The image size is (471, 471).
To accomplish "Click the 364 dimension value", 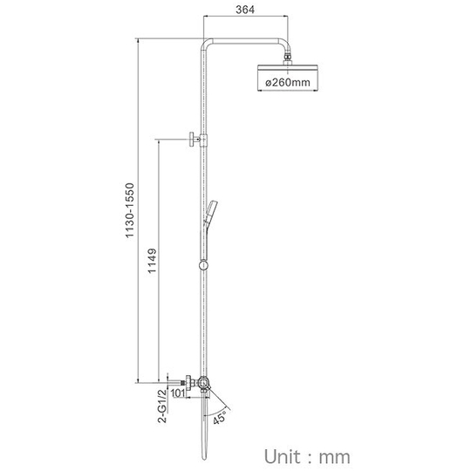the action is click(x=245, y=10).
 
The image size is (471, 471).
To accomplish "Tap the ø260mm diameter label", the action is click(x=288, y=82).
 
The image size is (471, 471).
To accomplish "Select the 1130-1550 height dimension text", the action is click(x=130, y=210).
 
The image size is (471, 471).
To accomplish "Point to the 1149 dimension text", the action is click(x=153, y=261).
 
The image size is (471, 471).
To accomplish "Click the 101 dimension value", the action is click(x=178, y=392).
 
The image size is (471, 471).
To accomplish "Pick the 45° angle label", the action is click(x=220, y=418).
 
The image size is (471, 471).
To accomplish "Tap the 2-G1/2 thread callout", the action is click(x=162, y=406).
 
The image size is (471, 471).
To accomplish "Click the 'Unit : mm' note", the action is click(x=307, y=457).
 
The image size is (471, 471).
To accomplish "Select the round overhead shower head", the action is click(x=288, y=67).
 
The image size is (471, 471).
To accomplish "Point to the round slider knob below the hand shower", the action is click(x=203, y=265).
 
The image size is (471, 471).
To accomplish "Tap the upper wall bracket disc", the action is click(x=191, y=140).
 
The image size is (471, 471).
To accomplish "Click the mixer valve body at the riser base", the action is click(x=203, y=384).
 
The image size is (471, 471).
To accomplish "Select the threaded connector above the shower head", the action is click(x=289, y=57).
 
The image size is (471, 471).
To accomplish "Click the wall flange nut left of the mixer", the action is click(x=188, y=383).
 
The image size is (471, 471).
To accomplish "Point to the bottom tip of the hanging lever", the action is click(x=204, y=460).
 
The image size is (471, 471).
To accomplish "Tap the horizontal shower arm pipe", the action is click(x=246, y=42).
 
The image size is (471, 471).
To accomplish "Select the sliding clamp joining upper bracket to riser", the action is click(x=204, y=140).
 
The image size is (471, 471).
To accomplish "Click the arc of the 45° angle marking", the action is click(x=217, y=413).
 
